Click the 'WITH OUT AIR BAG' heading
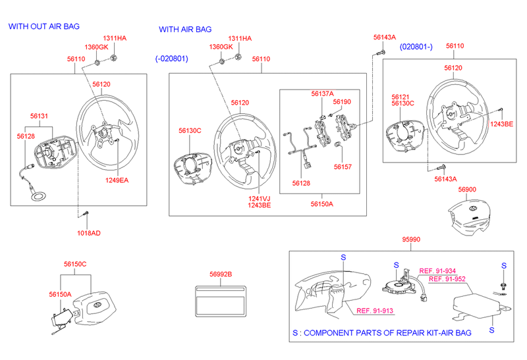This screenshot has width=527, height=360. click(x=44, y=26)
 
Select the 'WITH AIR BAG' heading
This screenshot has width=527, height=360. click(x=185, y=30)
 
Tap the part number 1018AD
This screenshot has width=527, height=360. click(x=89, y=233)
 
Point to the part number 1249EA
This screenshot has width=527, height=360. click(x=117, y=180)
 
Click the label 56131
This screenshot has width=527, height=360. click(x=39, y=116)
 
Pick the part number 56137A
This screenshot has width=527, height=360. click(x=322, y=93)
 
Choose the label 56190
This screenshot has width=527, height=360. click(x=342, y=102)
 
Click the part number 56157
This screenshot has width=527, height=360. click(x=343, y=167)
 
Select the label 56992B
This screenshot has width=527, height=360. click(x=221, y=274)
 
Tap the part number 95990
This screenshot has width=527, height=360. click(x=411, y=240)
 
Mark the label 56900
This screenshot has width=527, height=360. click(x=467, y=190)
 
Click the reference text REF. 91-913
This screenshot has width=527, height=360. click(x=375, y=311)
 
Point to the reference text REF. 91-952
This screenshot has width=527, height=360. click(x=447, y=279)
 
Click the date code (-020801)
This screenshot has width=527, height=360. click(x=171, y=59)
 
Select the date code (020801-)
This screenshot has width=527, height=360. click(x=416, y=47)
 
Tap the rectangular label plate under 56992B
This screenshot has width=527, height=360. click(x=221, y=301)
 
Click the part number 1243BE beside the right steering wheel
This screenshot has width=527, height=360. click(x=501, y=124)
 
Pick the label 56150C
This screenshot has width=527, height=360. click(x=75, y=265)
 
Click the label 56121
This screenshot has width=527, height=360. click(x=401, y=97)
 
